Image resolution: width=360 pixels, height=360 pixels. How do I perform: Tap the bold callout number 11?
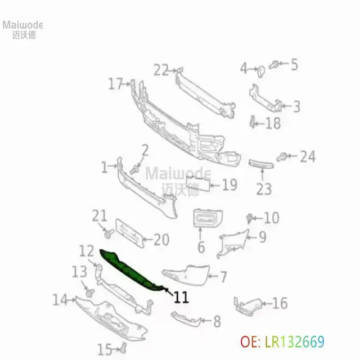point(181,298)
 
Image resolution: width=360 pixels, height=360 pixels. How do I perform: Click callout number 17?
point(116,84)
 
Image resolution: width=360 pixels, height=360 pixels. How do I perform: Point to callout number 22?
point(161,70)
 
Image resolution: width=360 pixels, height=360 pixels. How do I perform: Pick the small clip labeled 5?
point(274,65)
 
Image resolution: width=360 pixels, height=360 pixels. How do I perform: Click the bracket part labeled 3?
point(265,99)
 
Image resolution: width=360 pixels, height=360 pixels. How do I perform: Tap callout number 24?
point(308,156)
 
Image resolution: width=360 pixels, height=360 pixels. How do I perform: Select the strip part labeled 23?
point(261,164)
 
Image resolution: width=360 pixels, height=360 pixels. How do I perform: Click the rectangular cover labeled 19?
point(198,183)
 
